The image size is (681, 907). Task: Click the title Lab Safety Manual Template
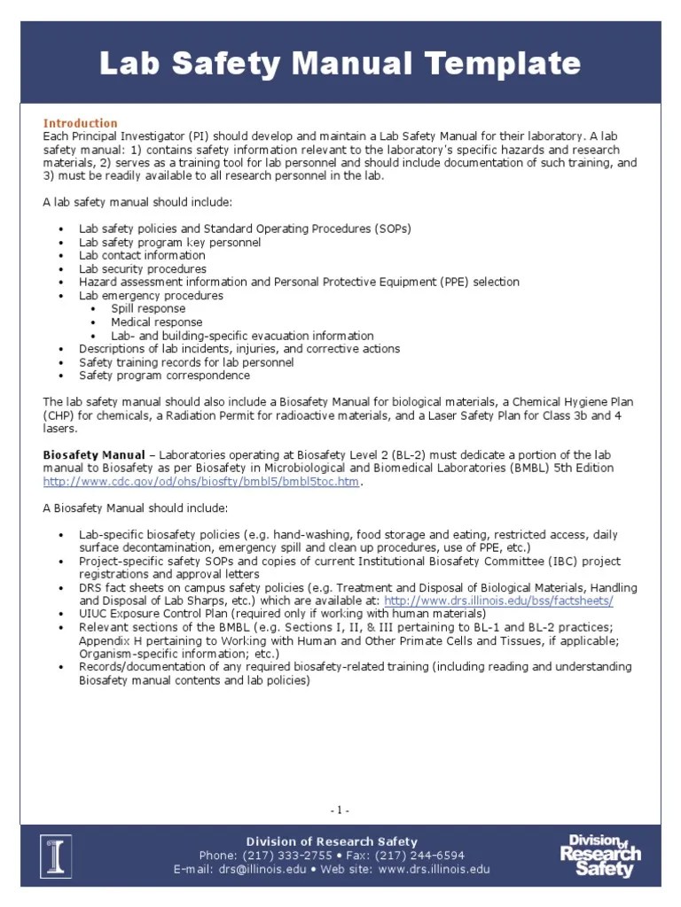click(x=340, y=64)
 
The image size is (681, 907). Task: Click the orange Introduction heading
click(x=81, y=123)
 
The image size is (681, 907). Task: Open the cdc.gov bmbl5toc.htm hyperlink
click(x=203, y=481)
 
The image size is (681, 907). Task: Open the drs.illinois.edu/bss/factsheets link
click(x=498, y=601)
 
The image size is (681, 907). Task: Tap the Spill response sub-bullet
click(x=148, y=309)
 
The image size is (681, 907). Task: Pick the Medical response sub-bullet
click(x=156, y=322)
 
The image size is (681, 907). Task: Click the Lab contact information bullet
click(x=142, y=255)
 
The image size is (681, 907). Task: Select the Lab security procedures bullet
click(x=143, y=268)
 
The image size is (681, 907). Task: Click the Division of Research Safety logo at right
click(x=600, y=855)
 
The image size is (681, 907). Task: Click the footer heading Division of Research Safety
click(x=332, y=841)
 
